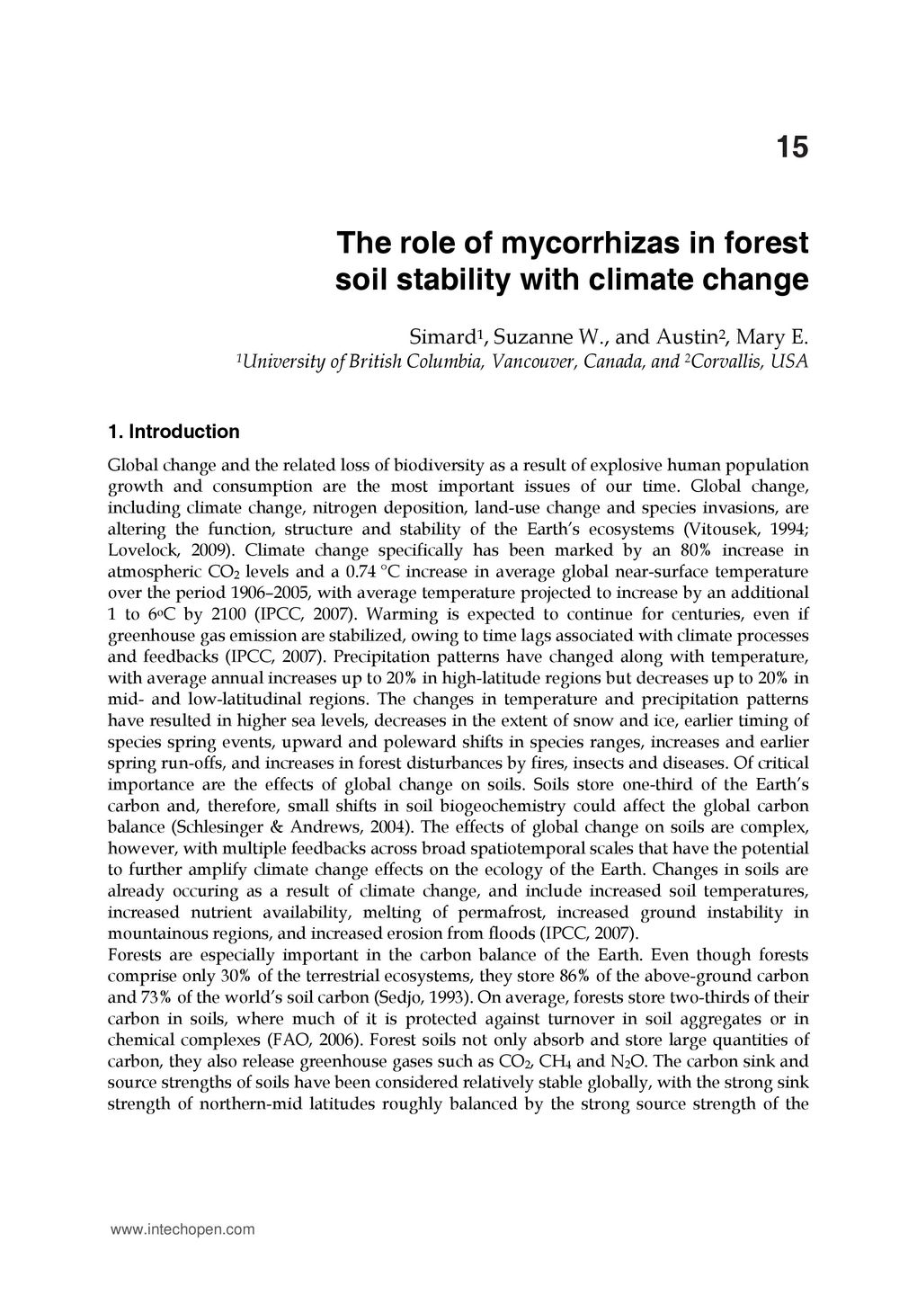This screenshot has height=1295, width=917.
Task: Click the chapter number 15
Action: (792, 147)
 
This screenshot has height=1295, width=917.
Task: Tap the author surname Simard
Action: (441, 339)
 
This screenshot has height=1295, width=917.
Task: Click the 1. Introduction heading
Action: (174, 432)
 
